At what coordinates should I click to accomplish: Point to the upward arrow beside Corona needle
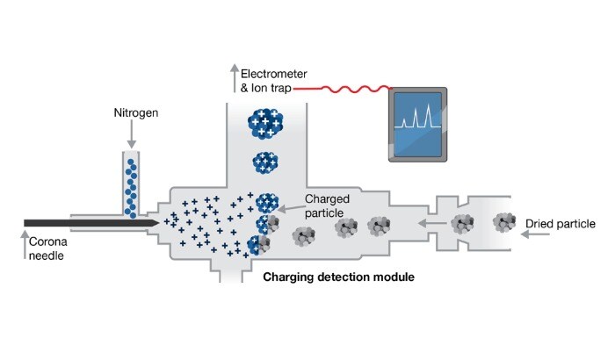(x=24, y=247)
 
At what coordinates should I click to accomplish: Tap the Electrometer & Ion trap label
(x=263, y=82)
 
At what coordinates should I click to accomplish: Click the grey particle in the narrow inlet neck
(x=460, y=224)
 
